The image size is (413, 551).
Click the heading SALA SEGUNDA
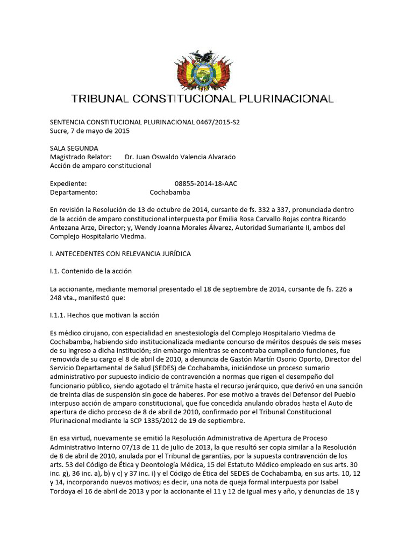[74, 148]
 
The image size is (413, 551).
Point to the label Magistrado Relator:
[81, 157]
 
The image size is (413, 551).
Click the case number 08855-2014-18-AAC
[206, 183]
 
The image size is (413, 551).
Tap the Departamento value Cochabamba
[169, 192]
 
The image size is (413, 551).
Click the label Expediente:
[68, 183]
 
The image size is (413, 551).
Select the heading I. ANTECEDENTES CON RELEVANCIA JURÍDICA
[120, 253]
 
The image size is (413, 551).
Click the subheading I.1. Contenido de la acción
[91, 271]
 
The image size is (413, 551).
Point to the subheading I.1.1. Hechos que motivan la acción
[105, 315]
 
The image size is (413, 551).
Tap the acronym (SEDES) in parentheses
[145, 368]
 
